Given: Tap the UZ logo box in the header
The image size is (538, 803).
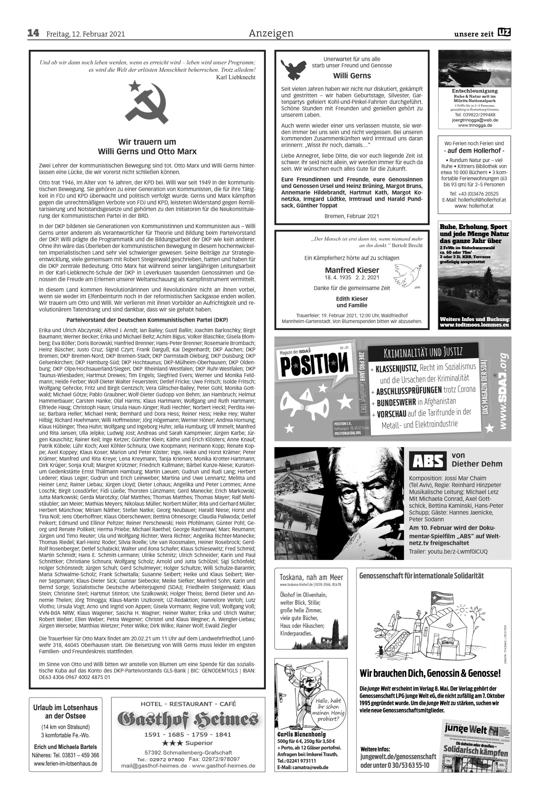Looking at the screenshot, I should (504, 33).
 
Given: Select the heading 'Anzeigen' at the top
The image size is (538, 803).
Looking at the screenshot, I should (271, 33).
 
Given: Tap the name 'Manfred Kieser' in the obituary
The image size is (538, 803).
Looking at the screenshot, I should (352, 270).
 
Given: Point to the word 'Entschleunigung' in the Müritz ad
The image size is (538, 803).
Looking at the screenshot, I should (475, 91).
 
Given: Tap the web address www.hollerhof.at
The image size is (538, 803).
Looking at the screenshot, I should (474, 206).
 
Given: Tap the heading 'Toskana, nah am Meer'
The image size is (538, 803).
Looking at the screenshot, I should (311, 577).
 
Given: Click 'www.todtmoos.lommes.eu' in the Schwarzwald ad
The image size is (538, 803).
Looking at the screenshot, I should (475, 325).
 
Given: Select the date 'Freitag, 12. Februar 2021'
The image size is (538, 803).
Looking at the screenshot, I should (86, 34).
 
